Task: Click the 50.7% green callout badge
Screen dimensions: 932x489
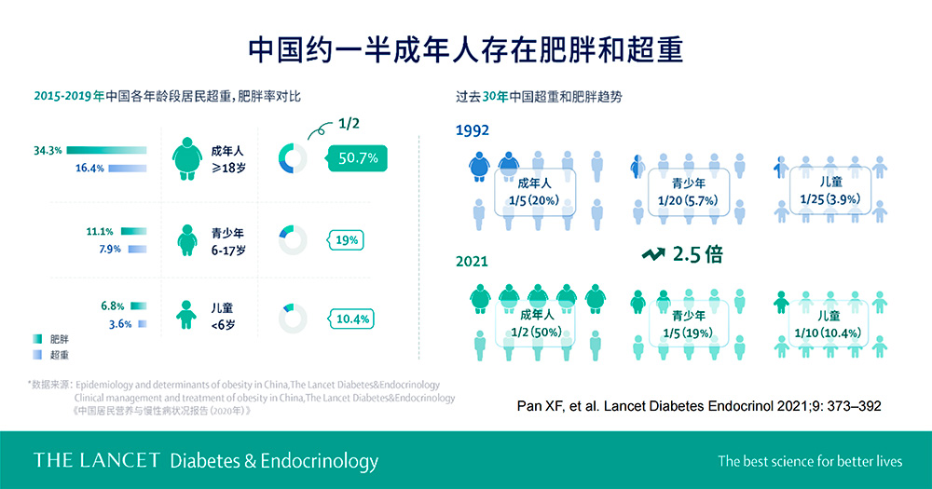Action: click(357, 158)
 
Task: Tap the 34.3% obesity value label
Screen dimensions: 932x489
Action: click(48, 150)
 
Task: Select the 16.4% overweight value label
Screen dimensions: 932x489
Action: click(89, 169)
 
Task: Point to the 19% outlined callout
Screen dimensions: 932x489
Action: click(346, 240)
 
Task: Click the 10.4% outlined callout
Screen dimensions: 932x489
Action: click(351, 319)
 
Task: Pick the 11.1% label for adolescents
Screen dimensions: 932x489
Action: click(100, 231)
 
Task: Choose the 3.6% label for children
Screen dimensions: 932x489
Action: click(120, 324)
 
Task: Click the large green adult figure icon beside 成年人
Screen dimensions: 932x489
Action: click(187, 158)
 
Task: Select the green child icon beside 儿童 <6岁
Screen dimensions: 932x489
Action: click(186, 315)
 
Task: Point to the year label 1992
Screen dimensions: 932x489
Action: click(473, 130)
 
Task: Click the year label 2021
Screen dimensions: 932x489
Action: click(472, 262)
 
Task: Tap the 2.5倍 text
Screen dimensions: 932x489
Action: click(698, 254)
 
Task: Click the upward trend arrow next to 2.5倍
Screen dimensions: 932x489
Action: click(653, 254)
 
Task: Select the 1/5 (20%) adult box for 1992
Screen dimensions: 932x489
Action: click(535, 192)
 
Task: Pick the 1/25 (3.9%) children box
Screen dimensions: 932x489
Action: click(829, 190)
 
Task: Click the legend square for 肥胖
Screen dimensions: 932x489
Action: click(37, 339)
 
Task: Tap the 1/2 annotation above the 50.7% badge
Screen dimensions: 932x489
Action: click(349, 123)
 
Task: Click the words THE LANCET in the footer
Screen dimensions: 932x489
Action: click(96, 460)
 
